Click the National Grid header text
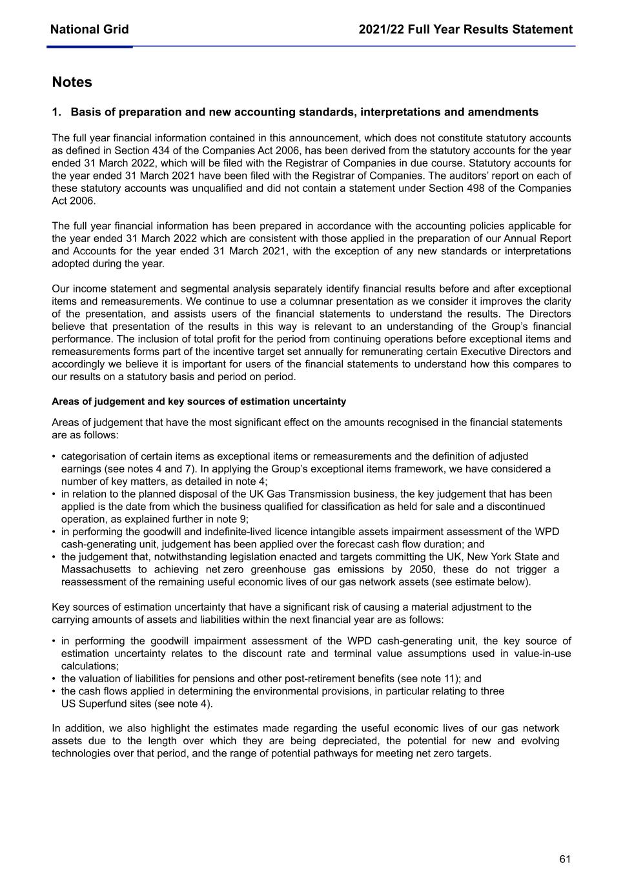(x=89, y=29)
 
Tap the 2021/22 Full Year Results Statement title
(x=465, y=29)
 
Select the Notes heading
(x=72, y=82)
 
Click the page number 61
(x=565, y=858)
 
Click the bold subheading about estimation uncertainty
(x=199, y=401)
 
